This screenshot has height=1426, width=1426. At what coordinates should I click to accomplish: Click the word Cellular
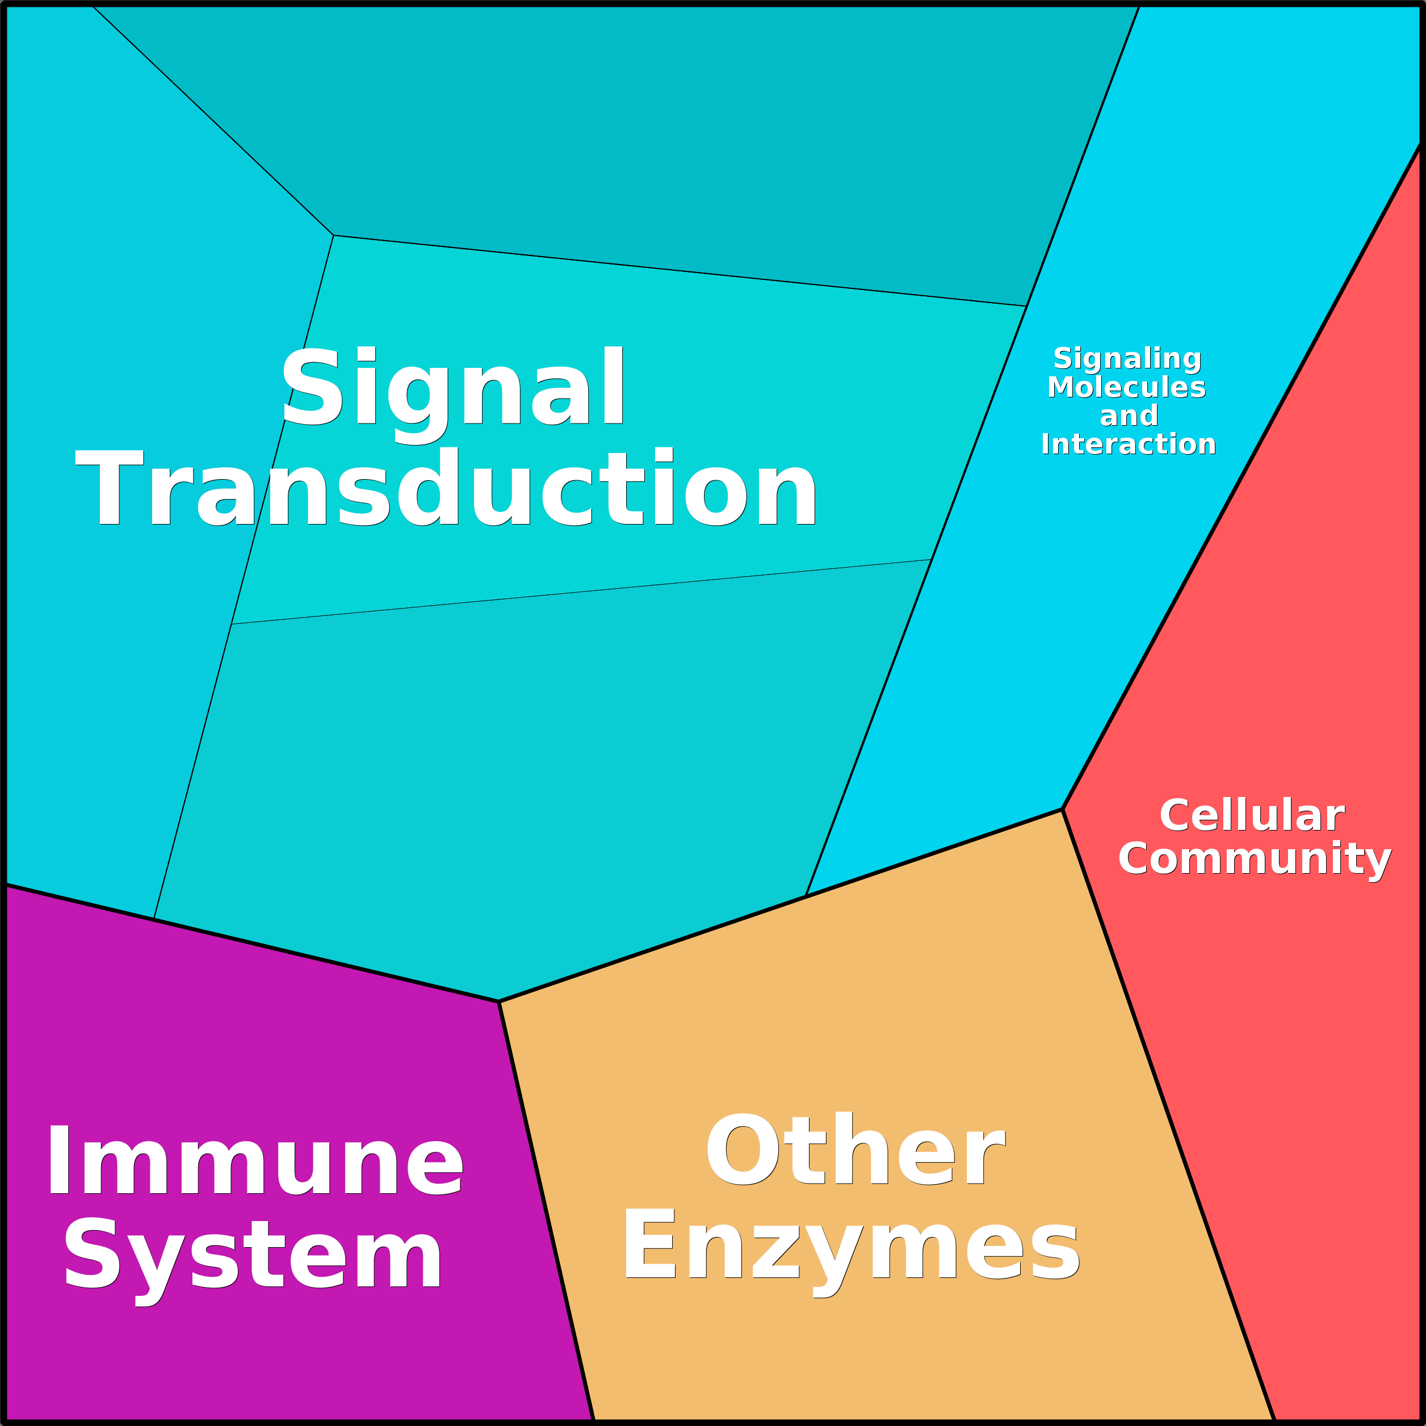coord(1252,816)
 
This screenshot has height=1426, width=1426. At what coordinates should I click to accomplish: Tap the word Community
coord(1254,859)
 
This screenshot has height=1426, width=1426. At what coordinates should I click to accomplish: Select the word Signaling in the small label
coord(1127,358)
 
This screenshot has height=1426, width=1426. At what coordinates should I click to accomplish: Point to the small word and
coord(1129,416)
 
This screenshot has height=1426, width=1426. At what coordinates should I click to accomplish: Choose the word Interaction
coord(1128,444)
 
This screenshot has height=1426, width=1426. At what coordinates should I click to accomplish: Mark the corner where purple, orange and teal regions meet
coord(499,1001)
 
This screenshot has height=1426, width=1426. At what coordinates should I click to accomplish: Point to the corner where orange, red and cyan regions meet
coord(1062,810)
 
